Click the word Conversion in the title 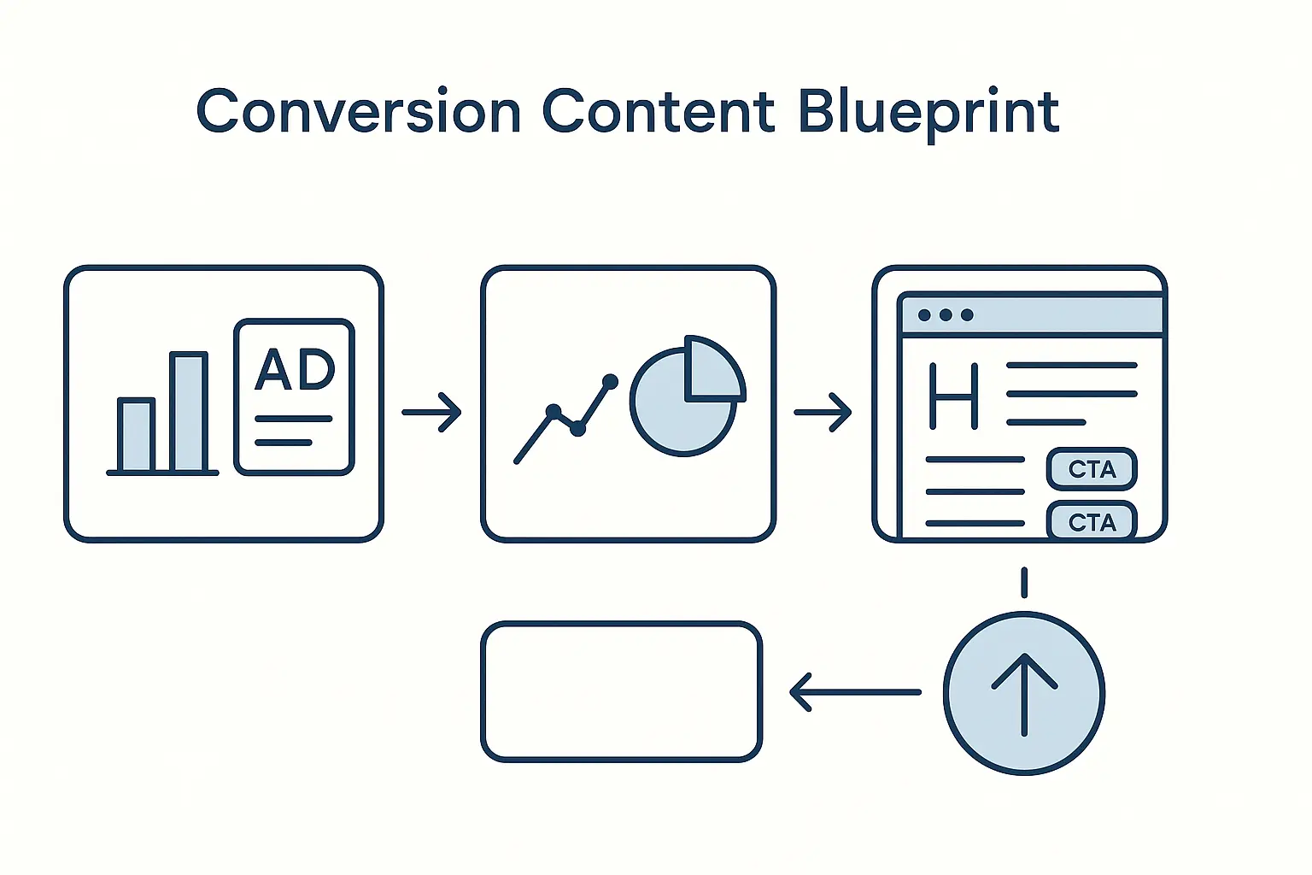pos(358,112)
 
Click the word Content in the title pos(658,112)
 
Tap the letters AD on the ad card pos(296,369)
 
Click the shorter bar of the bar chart pos(136,435)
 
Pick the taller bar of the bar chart pos(189,412)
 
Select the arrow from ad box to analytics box pos(432,413)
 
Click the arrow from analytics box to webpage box pos(823,413)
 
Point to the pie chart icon pos(683,402)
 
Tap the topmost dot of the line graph pos(610,381)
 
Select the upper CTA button pos(1092,469)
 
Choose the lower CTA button pos(1092,521)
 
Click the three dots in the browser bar pos(946,314)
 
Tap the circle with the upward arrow pos(1024,694)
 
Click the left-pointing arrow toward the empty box pos(855,692)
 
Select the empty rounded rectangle pos(621,692)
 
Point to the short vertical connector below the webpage pos(1024,583)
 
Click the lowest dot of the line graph pos(578,429)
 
